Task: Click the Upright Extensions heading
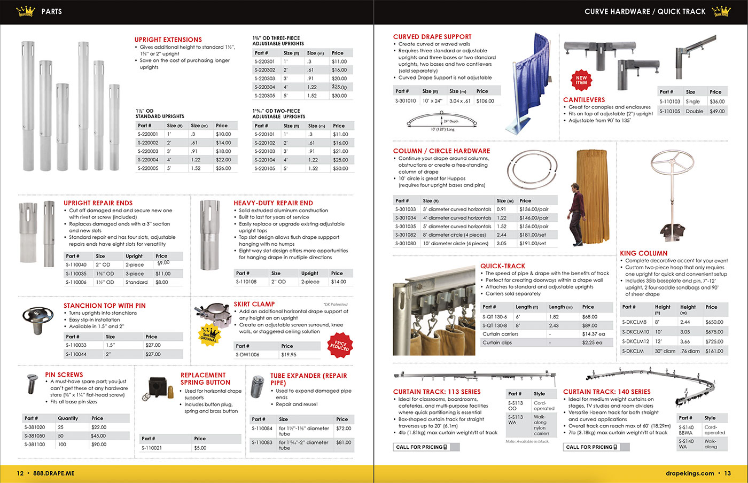[168, 40]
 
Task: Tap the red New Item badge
[581, 80]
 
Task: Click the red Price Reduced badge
[340, 346]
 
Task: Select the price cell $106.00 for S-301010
[485, 101]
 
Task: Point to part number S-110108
[246, 282]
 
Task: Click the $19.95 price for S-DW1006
[289, 355]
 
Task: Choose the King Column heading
[643, 253]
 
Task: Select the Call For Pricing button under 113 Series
[426, 447]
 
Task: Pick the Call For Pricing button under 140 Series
[594, 447]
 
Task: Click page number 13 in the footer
[727, 473]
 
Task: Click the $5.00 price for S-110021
[200, 448]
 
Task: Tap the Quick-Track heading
[502, 266]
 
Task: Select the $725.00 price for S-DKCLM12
[714, 341]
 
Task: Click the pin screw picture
[33, 383]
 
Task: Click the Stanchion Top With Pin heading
[104, 306]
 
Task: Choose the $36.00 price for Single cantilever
[717, 102]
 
